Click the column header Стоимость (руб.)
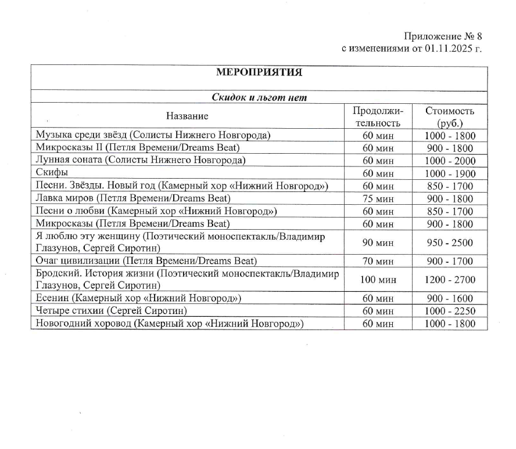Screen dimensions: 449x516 [x=450, y=117]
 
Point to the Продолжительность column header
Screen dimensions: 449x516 [x=378, y=117]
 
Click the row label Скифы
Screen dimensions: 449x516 [x=52, y=173]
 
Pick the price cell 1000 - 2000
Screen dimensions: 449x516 [x=450, y=161]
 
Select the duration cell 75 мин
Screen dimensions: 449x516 [x=378, y=198]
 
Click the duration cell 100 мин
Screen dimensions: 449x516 [x=378, y=280]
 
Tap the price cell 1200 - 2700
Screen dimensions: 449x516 [x=450, y=280]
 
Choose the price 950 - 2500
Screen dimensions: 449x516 [x=450, y=242]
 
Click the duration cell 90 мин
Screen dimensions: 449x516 [x=378, y=242]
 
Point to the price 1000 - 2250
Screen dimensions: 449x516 [x=450, y=312]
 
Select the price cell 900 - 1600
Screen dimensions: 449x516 [x=450, y=299]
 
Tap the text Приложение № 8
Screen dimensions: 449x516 [x=443, y=37]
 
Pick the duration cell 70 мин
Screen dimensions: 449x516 [x=378, y=261]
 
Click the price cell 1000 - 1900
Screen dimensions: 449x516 [x=450, y=173]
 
